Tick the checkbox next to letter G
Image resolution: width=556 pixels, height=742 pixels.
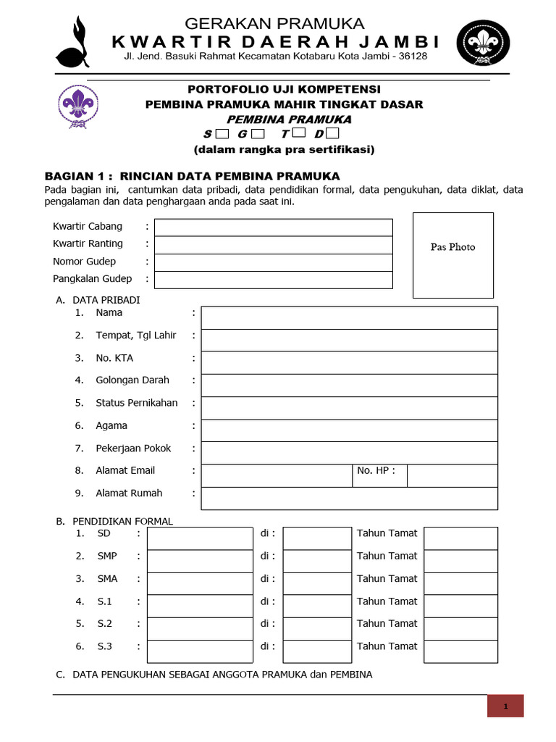coord(258,134)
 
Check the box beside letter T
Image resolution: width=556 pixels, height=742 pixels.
coord(299,134)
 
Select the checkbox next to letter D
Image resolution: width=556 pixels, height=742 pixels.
coord(332,134)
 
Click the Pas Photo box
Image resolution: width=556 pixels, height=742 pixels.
coord(452,255)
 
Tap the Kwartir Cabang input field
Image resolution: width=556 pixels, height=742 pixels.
coord(273,227)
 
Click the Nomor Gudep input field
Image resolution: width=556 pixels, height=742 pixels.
coord(273,262)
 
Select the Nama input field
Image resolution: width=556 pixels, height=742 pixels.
coord(349,317)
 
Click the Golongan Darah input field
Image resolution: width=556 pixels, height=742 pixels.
coord(349,385)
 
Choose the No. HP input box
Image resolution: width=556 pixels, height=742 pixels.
coord(452,475)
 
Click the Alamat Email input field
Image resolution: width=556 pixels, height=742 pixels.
coord(276,475)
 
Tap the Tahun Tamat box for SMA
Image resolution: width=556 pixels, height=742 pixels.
coord(460,583)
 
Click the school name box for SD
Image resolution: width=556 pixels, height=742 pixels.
coord(200,538)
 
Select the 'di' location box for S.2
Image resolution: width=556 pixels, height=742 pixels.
coord(316,628)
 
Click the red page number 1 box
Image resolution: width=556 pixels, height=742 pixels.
coord(505,706)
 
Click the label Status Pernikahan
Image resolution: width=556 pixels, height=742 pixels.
coord(136,403)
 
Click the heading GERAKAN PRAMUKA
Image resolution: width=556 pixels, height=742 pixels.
coord(275,24)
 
